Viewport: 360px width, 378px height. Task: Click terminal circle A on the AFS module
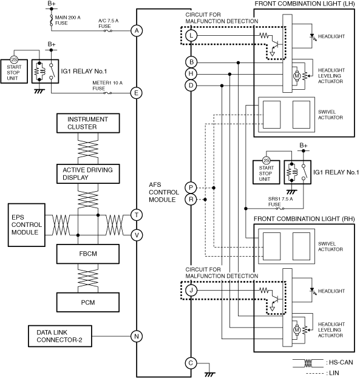(137, 31)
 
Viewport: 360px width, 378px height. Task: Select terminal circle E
(137, 93)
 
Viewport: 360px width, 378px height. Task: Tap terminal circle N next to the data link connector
(137, 336)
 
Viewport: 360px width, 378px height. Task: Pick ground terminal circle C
(191, 363)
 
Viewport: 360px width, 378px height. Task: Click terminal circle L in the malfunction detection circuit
(191, 36)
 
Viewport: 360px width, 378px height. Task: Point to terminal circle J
(191, 290)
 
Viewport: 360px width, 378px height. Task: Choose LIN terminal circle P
(191, 187)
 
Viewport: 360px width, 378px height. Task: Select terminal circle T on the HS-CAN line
(137, 215)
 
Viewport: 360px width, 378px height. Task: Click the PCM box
(88, 302)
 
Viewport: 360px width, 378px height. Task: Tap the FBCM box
(88, 254)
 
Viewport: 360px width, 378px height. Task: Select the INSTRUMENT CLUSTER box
(88, 123)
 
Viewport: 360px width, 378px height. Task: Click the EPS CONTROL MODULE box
(27, 225)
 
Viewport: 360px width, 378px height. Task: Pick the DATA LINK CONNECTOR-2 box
(60, 336)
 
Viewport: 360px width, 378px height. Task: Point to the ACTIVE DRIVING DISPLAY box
(88, 174)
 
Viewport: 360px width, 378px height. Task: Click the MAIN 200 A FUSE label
(67, 20)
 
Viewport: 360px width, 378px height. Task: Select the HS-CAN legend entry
(323, 363)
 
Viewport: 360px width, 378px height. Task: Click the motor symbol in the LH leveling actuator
(297, 76)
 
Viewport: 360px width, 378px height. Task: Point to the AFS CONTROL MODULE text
(164, 192)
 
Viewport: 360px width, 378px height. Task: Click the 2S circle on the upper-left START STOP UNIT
(14, 60)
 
